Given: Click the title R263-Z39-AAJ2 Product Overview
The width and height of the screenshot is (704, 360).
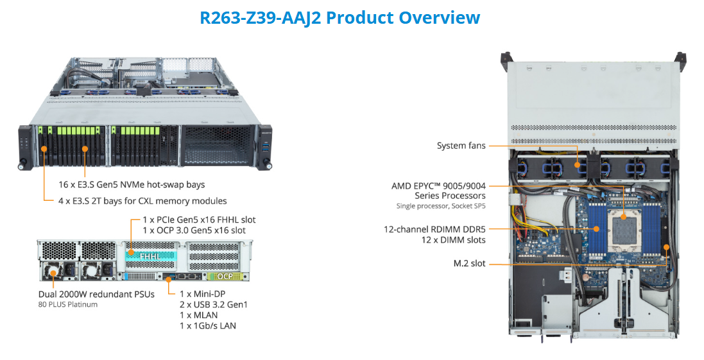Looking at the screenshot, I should (339, 17).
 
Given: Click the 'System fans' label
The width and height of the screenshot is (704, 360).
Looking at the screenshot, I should (461, 146).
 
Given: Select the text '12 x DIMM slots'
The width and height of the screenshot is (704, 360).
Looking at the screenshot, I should (453, 240).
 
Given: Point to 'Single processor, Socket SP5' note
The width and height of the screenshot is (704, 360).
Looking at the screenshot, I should (441, 206).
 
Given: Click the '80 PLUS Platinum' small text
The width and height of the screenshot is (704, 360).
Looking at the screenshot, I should (68, 305).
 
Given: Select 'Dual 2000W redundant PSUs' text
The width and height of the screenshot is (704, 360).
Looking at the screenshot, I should (96, 295).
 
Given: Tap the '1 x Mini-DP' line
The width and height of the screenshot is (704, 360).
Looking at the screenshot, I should (203, 293).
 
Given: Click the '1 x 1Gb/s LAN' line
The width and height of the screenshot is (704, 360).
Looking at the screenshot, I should (209, 326).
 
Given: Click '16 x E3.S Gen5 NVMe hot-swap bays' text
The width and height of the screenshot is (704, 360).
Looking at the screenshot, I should (131, 185).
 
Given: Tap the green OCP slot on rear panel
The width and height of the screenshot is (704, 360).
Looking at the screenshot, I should (225, 277).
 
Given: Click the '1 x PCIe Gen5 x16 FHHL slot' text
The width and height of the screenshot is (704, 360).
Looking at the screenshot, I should (199, 219).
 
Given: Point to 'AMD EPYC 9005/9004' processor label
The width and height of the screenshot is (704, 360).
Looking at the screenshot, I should (438, 186).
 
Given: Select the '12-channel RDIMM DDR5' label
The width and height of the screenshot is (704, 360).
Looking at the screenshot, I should (434, 229).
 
